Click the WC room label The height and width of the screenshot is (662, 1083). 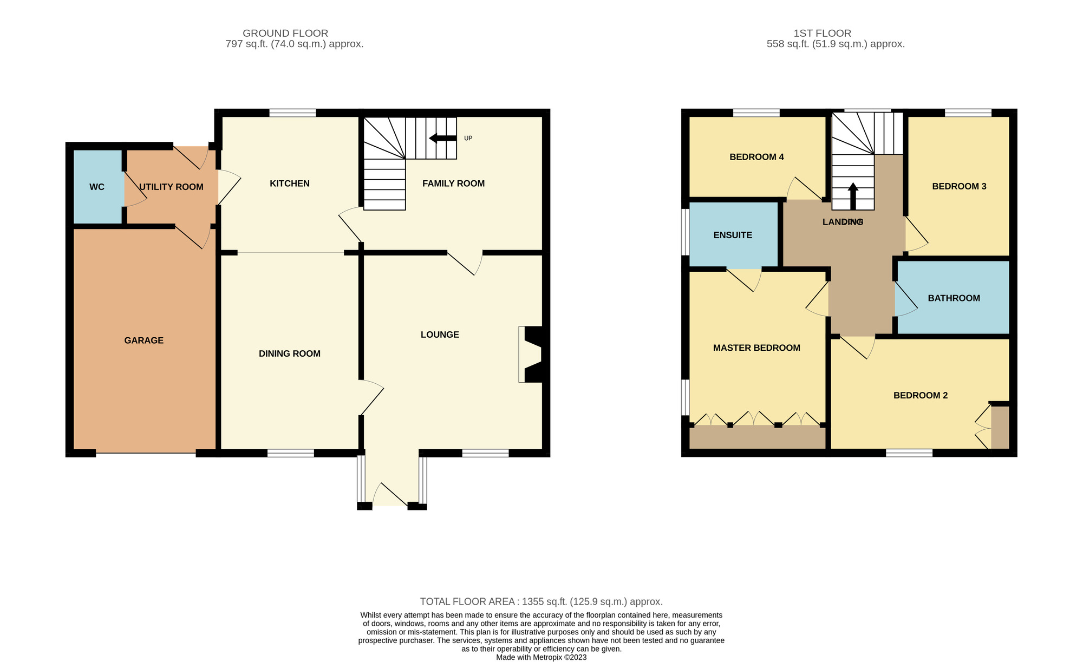coord(97,187)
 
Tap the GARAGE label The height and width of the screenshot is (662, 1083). coord(143,340)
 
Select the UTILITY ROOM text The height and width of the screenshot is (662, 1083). coord(171,187)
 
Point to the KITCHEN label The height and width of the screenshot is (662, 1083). coord(290,183)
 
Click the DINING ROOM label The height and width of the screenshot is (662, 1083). coord(290,353)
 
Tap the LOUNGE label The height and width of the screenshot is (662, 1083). coord(440,335)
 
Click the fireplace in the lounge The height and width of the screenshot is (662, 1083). coord(531,355)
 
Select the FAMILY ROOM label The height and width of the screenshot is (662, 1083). coord(453,183)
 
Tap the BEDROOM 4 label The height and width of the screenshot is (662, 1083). coord(756,157)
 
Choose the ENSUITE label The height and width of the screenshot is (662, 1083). coord(733,235)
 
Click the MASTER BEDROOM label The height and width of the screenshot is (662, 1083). coord(756,348)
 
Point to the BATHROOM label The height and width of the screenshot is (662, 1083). coord(954,298)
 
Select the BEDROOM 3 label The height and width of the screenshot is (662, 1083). coord(959,186)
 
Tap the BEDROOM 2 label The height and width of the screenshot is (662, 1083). coord(921,395)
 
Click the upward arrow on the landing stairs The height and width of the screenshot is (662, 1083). coord(853,196)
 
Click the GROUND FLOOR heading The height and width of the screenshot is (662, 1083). coord(285,33)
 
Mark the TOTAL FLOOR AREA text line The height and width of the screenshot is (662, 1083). coord(541,601)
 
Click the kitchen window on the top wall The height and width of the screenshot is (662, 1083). coord(292,113)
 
